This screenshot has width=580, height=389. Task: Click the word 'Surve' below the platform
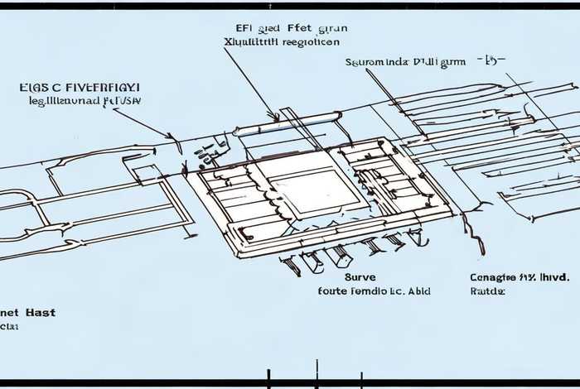coord(336,278)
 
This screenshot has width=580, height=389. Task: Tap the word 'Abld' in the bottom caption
coord(417,291)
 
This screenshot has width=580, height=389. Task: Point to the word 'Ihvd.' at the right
coord(553,278)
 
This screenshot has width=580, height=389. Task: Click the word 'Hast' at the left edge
coord(40,313)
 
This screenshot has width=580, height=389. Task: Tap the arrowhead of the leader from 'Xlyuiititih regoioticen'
coord(276,119)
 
